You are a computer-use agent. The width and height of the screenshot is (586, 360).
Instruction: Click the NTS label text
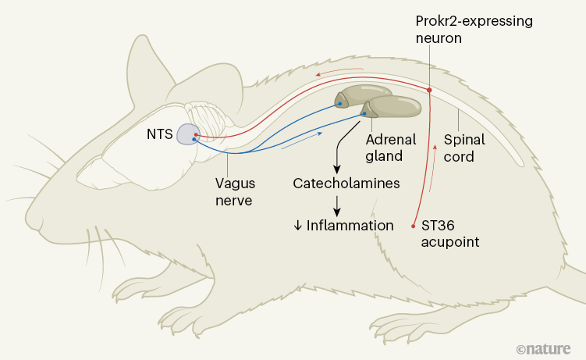[159, 134]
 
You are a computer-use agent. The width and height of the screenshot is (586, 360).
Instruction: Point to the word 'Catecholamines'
[336, 184]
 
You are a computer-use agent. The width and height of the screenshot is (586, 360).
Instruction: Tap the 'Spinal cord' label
[464, 148]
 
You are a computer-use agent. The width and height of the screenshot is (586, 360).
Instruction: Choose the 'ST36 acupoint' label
[450, 233]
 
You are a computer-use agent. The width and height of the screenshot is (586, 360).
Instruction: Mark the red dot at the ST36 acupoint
[414, 226]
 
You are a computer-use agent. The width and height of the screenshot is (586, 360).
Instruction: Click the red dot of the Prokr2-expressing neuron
[429, 91]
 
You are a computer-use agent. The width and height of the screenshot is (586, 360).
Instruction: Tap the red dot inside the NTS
[197, 134]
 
